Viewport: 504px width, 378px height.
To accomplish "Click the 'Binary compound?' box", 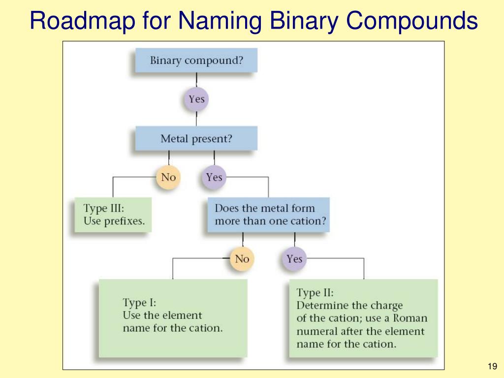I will click(x=196, y=61).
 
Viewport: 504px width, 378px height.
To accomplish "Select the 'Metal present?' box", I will click(x=196, y=139).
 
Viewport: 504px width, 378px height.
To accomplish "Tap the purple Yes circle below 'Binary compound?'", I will click(x=196, y=99).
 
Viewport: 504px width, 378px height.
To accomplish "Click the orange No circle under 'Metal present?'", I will click(x=168, y=177).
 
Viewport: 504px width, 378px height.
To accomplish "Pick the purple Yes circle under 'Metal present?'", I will click(x=214, y=177).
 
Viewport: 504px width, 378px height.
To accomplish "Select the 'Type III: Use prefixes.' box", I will click(x=114, y=215).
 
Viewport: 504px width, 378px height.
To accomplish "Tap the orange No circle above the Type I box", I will click(x=242, y=258).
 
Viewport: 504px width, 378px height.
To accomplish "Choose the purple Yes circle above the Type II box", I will click(x=294, y=259).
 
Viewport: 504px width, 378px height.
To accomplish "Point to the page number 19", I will click(x=491, y=366).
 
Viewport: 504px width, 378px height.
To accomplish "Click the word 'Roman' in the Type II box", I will click(x=410, y=318).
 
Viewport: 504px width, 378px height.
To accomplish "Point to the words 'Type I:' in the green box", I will click(x=139, y=302).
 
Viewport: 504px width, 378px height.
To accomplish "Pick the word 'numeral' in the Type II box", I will click(x=316, y=331).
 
